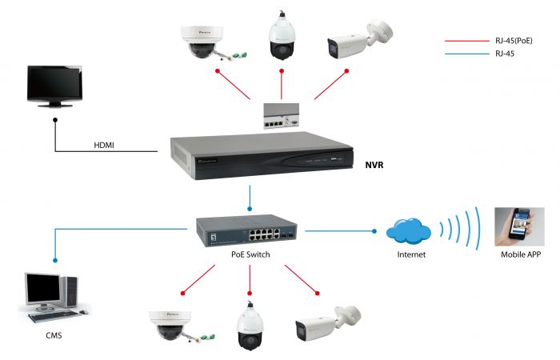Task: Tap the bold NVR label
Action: coord(375,164)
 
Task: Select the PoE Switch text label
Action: coord(250,254)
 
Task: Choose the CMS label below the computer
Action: coord(54,336)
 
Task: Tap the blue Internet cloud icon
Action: coord(407,230)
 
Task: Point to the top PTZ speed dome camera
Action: coord(282,36)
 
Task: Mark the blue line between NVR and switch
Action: coord(250,196)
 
